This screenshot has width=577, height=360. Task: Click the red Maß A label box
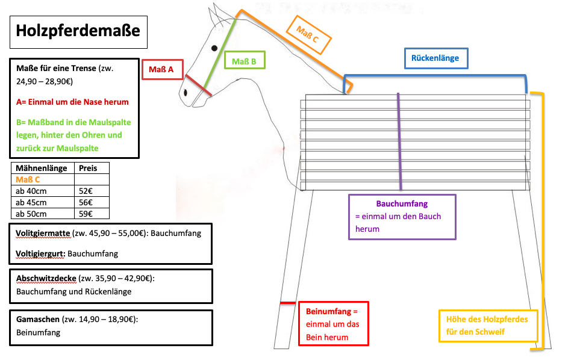(161, 70)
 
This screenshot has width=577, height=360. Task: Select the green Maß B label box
(245, 61)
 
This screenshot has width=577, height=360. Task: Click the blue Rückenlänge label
(435, 58)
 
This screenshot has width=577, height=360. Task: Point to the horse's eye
(214, 48)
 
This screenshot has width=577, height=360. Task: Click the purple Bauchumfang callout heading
(402, 204)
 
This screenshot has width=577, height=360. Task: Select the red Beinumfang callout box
(333, 324)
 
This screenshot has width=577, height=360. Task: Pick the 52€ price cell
(86, 191)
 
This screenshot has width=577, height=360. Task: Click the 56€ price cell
(86, 202)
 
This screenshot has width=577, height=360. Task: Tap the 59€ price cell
(86, 214)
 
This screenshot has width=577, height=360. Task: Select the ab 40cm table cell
(33, 191)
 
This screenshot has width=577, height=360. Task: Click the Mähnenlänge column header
(40, 168)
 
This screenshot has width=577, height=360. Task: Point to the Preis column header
(88, 168)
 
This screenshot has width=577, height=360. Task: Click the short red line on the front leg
(288, 303)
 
